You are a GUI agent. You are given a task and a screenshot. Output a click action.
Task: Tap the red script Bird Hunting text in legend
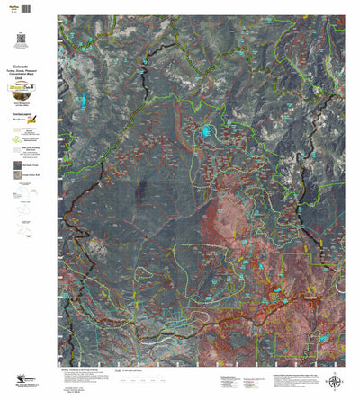tap(26, 122)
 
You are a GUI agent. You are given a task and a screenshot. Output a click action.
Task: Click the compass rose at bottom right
tap(335, 381)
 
